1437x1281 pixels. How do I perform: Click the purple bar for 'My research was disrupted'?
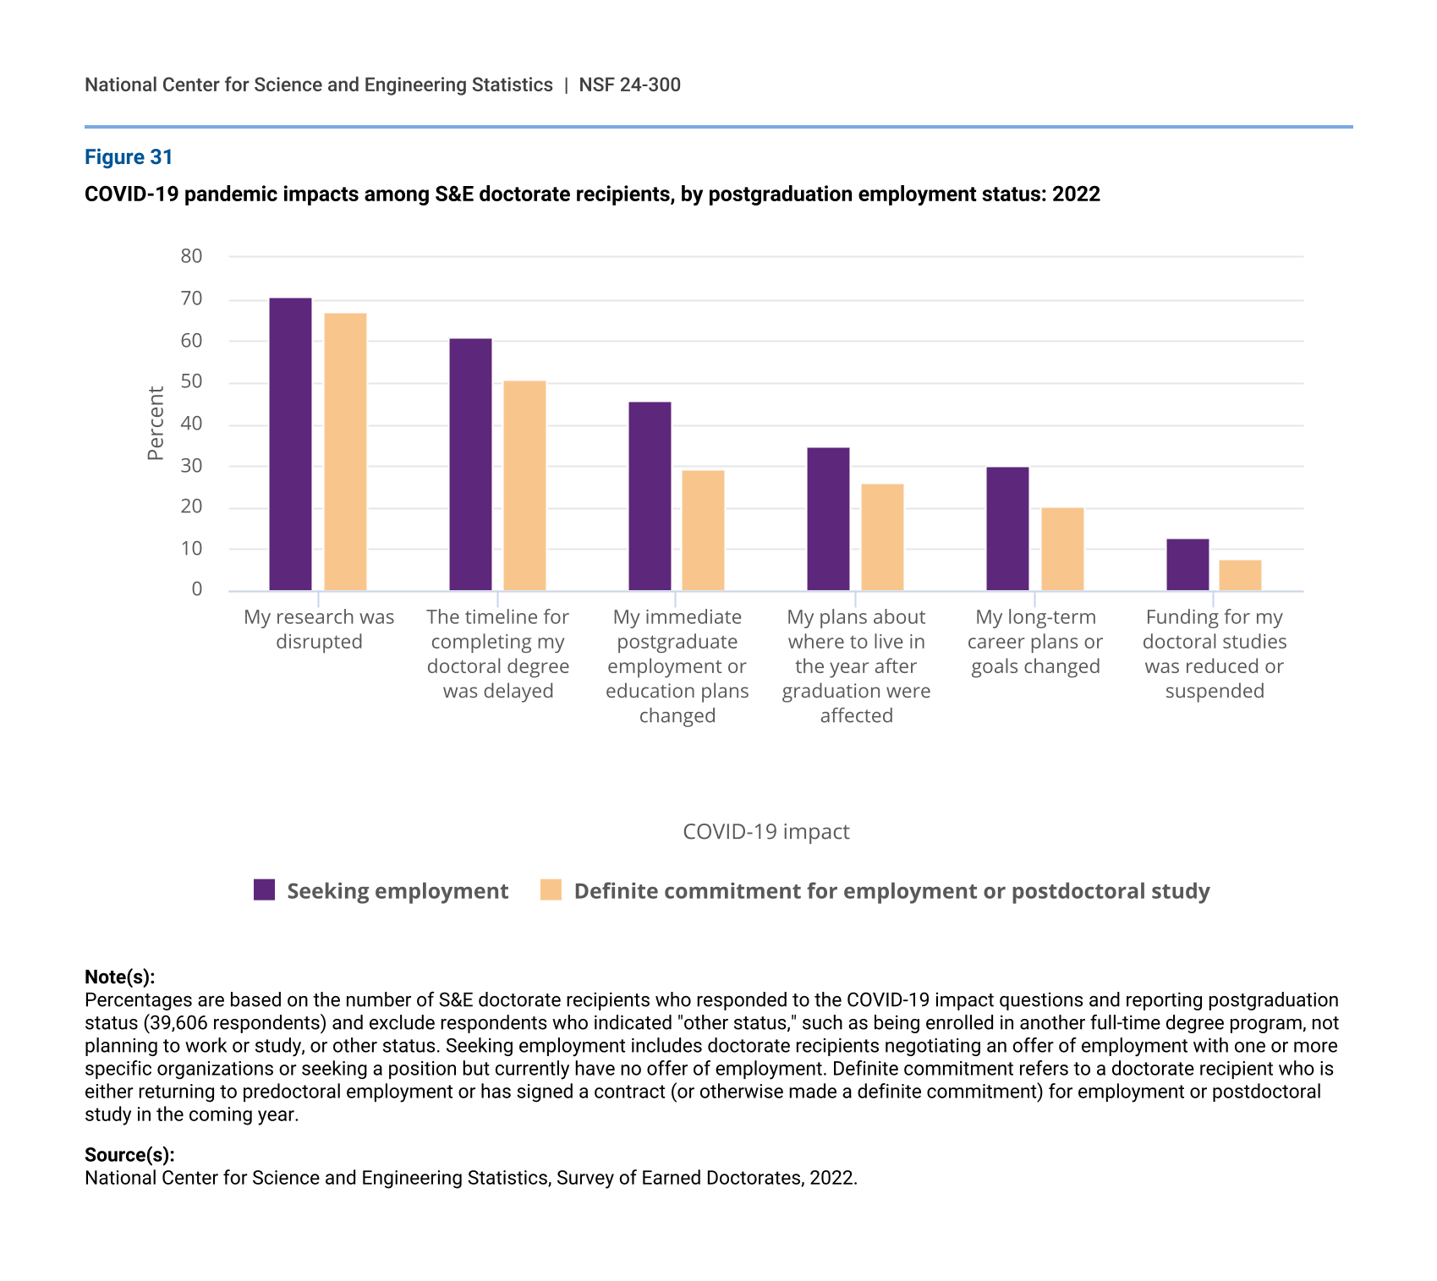pos(290,444)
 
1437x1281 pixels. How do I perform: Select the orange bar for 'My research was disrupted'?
pos(345,452)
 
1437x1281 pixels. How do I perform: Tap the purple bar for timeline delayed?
pos(470,464)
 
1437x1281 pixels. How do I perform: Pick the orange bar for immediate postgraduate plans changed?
pos(703,530)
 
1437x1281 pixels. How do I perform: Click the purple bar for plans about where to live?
pos(828,518)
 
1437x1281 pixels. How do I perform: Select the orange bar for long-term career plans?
pos(1062,549)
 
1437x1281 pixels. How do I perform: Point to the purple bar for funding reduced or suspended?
pos(1187,564)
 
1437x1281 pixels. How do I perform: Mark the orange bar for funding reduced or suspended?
pos(1240,575)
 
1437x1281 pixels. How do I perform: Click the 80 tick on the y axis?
pos(192,256)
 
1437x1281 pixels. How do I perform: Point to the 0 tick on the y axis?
pos(197,589)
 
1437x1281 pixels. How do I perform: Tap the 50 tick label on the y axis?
pos(192,381)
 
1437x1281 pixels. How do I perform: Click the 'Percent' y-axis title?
pos(156,423)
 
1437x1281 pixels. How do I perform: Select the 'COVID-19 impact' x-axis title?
pos(765,832)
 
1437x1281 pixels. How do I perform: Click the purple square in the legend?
pos(265,890)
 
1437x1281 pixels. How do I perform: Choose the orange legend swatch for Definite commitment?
pos(551,890)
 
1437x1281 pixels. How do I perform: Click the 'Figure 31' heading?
pos(129,157)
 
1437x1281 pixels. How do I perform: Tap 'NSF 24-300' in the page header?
pos(629,85)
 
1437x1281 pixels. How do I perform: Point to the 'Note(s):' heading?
pos(119,977)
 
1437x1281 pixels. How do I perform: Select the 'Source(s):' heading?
pos(129,1155)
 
